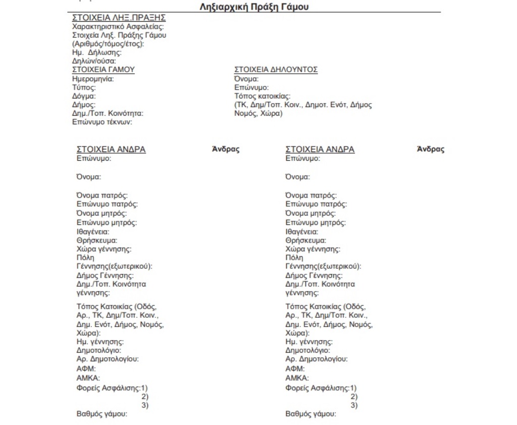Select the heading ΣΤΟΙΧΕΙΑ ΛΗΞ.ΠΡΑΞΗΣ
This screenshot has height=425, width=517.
(x=119, y=18)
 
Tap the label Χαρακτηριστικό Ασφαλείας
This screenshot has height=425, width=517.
(x=119, y=26)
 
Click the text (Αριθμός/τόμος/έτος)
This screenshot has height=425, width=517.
(x=109, y=43)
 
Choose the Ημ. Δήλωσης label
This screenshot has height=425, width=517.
(x=98, y=53)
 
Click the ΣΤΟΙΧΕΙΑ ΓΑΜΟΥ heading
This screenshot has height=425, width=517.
(x=104, y=70)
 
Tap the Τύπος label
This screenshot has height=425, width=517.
(x=84, y=87)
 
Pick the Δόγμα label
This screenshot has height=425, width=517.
(x=84, y=96)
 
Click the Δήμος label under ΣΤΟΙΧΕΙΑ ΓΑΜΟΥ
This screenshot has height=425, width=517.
(x=84, y=105)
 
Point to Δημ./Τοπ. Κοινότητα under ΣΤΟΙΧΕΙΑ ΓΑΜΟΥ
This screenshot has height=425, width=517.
(x=108, y=113)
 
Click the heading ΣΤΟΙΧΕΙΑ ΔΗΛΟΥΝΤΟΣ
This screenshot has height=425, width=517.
(x=276, y=70)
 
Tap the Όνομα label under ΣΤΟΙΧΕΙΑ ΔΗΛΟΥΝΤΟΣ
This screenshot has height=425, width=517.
(x=247, y=79)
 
